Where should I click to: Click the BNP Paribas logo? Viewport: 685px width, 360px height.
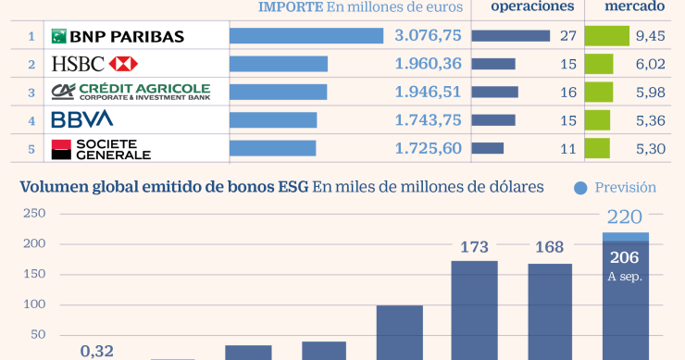point(118,36)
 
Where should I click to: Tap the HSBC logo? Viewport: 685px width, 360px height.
point(94,64)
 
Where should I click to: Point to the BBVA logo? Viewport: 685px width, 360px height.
point(81,119)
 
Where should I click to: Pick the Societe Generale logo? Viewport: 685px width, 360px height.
point(101,147)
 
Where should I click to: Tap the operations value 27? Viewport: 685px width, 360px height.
point(568,36)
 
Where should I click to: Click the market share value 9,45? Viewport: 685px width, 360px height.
point(651,36)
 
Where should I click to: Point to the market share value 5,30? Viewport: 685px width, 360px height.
point(651,147)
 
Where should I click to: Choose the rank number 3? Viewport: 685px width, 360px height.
point(31,92)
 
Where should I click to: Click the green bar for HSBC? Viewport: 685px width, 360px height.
point(599,64)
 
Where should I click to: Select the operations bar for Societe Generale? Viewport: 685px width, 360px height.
point(488,147)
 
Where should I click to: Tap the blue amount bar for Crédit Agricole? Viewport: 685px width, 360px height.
point(278,92)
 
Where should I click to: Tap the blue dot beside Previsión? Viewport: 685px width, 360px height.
point(580,188)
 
